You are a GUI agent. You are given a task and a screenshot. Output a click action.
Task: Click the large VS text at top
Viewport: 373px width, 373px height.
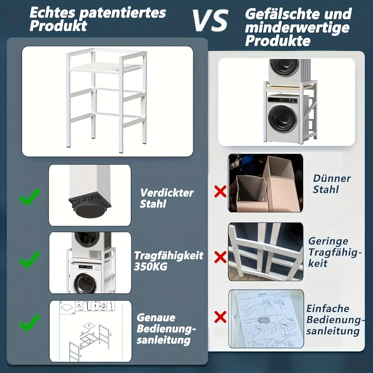point(210,21)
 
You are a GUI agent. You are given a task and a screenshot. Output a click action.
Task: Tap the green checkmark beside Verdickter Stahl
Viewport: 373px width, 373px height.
point(29,196)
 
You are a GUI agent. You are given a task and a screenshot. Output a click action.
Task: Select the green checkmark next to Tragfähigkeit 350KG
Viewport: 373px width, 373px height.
point(29,260)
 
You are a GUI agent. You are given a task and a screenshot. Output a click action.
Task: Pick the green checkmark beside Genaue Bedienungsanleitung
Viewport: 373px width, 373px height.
point(29,322)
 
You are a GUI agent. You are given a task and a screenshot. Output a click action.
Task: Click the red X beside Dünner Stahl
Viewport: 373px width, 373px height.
point(220,192)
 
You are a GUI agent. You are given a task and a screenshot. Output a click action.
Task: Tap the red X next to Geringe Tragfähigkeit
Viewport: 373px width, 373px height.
point(220,257)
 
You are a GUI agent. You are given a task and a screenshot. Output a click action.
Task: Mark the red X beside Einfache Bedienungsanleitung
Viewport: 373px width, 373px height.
point(220,317)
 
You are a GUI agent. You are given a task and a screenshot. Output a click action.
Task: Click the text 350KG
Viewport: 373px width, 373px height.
point(151,266)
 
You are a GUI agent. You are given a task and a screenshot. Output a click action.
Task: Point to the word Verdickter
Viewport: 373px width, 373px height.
point(167,193)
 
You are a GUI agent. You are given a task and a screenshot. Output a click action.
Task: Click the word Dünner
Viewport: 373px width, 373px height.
point(332,179)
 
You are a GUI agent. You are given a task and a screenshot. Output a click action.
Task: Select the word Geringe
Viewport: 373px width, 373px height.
point(328,242)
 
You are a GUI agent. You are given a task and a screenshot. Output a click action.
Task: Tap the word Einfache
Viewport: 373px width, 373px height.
point(328,309)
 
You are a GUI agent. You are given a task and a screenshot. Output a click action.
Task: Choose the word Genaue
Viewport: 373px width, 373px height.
point(156,318)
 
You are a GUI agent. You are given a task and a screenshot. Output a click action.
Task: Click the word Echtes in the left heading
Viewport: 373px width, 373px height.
point(52,13)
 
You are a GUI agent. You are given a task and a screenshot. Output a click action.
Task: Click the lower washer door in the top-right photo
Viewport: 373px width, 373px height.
point(283,118)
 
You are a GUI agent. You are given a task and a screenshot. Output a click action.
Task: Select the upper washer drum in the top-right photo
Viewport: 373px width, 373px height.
point(284,67)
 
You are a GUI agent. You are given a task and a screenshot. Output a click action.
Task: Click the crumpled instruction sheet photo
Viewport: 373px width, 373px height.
point(266,318)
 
